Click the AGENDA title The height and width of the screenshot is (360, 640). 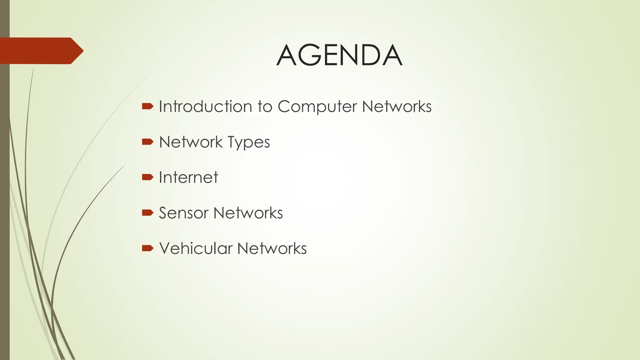point(339,55)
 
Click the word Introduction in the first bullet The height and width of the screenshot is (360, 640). point(205,107)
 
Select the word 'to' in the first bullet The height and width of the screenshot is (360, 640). point(264,107)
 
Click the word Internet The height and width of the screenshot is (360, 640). point(188,177)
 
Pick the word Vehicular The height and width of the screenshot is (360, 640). point(196,248)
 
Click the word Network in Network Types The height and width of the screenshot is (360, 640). point(191,142)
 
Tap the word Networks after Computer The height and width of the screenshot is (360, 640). point(397,107)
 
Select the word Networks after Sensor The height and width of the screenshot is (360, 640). point(248,213)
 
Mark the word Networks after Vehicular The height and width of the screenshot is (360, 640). point(272,248)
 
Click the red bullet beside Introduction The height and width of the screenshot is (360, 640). point(147,107)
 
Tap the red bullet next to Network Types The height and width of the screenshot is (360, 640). point(147,142)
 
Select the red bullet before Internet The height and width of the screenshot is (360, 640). point(147,177)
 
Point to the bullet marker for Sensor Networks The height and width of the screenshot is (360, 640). point(147,213)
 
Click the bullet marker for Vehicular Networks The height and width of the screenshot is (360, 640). point(147,248)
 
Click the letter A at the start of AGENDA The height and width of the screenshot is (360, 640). point(287,55)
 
